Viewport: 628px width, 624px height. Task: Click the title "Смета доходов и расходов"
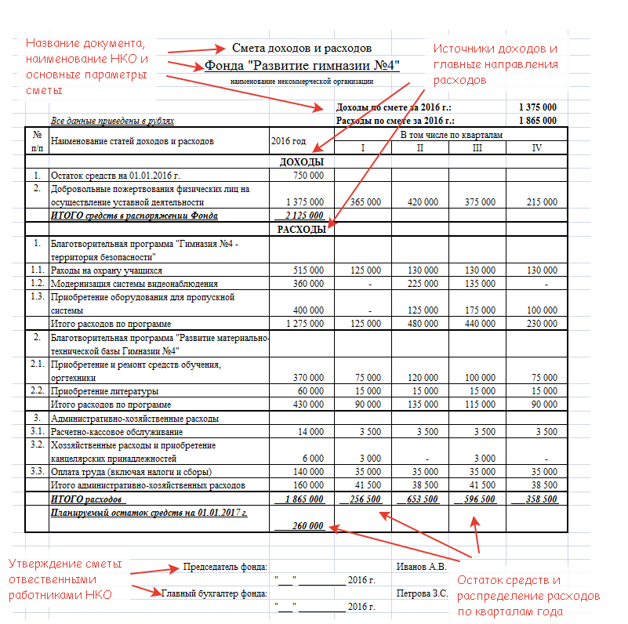302,49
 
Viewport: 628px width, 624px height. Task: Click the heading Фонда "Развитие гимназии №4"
303,65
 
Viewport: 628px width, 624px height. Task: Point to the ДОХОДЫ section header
302,161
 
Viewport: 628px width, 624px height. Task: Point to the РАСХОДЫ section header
302,229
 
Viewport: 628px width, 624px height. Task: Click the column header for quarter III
477,148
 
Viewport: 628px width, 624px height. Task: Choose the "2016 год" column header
289,141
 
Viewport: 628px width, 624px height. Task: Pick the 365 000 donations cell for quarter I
365,201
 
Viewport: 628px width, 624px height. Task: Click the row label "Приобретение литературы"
104,391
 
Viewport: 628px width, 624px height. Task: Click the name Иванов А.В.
422,566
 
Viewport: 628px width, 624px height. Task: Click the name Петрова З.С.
423,593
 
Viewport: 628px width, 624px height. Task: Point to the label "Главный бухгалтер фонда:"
214,593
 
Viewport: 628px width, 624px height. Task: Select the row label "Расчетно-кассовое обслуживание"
117,432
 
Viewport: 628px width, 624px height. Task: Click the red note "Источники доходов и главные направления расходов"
496,63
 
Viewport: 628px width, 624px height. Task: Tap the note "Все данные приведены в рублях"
112,121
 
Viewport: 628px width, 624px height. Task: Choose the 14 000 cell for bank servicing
310,432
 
